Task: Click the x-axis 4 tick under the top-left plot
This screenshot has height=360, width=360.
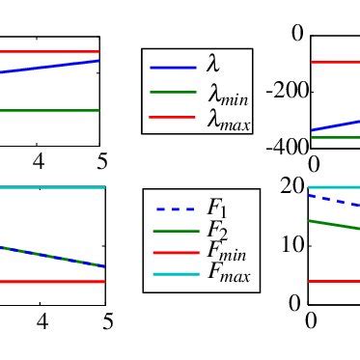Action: click(x=39, y=160)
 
